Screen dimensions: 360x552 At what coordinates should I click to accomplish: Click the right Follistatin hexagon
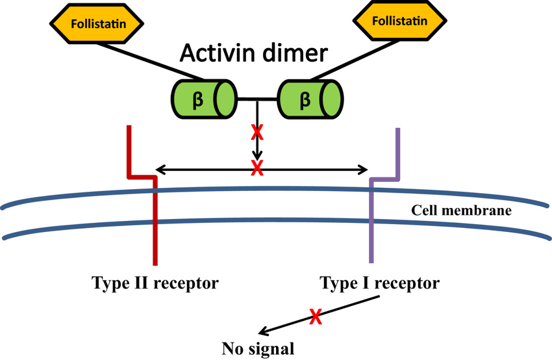pos(399,21)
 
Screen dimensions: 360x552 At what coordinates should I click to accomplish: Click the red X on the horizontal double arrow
pos(257,170)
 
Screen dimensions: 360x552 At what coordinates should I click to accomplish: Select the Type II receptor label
pos(155,283)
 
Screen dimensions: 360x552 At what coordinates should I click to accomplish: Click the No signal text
pos(258,346)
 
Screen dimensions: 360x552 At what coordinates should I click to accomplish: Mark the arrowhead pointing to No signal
pos(262,331)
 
